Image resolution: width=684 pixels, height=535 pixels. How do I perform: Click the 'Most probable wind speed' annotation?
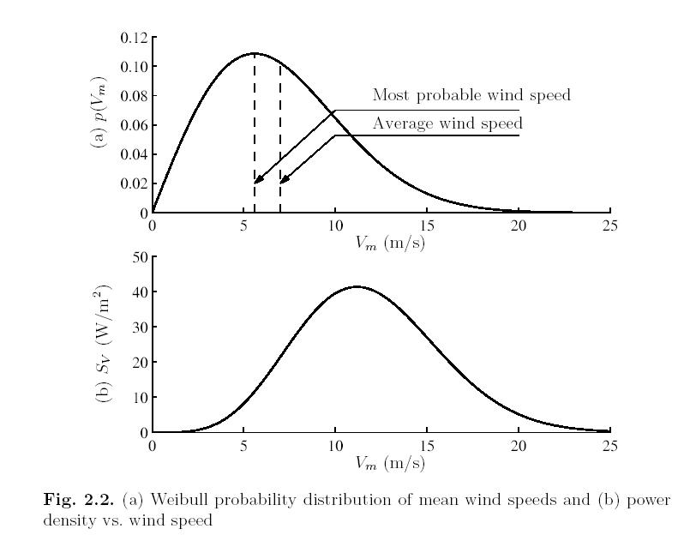pos(471,95)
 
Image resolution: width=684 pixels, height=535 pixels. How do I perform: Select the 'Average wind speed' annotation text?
pos(447,124)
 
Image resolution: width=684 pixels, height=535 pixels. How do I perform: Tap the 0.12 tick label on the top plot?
pos(134,38)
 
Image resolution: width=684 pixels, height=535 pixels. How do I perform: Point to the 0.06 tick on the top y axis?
pos(134,125)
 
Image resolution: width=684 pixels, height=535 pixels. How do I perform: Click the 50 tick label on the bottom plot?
pos(140,256)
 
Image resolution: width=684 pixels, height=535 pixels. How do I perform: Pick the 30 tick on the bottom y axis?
pos(140,327)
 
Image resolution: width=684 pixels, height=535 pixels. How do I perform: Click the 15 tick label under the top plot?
pos(427,225)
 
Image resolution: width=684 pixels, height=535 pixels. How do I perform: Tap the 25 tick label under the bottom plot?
pos(609,446)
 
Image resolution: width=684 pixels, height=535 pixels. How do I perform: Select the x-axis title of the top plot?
pos(390,243)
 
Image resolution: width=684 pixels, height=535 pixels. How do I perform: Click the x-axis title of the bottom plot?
pos(390,463)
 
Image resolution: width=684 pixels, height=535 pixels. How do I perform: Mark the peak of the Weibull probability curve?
pos(255,53)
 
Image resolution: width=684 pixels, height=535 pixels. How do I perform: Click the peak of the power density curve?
pos(357,286)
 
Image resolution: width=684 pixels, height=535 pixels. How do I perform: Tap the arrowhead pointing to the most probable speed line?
pos(257,181)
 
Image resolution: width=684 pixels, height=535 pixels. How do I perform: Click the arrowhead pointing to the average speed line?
pos(283,181)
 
